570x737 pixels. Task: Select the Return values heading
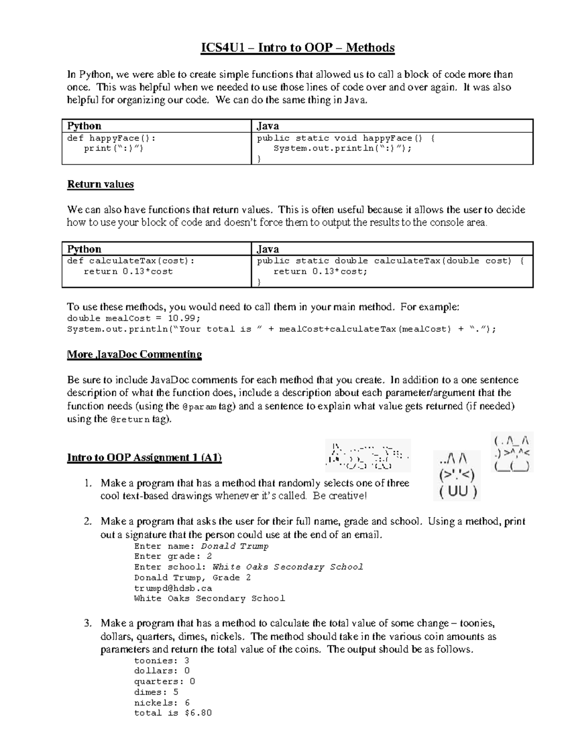click(100, 184)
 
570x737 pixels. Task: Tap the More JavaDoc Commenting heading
click(134, 355)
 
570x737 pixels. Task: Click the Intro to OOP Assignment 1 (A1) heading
click(144, 457)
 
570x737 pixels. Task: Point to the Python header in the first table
click(84, 126)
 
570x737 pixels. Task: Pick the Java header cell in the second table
click(268, 249)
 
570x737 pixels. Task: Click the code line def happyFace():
click(111, 138)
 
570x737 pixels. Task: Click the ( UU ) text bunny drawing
click(457, 475)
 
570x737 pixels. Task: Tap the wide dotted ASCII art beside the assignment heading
click(368, 456)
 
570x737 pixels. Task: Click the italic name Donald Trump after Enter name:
click(235, 546)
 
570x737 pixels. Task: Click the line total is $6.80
click(173, 713)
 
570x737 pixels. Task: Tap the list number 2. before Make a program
click(88, 522)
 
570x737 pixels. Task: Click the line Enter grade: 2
click(173, 556)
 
